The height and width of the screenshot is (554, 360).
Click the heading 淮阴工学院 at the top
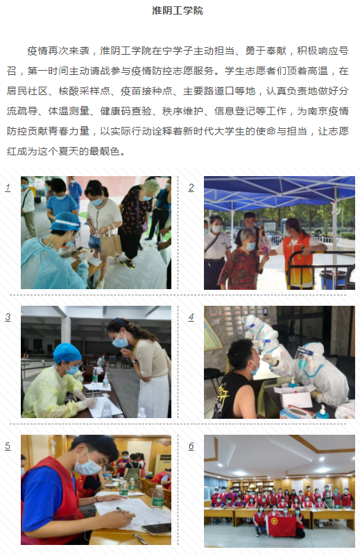pyautogui.click(x=178, y=10)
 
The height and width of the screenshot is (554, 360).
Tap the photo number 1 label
pyautogui.click(x=8, y=188)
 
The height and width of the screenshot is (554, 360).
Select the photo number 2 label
pyautogui.click(x=191, y=188)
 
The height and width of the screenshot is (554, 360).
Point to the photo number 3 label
pyautogui.click(x=8, y=317)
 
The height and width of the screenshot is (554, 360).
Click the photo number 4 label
pyautogui.click(x=191, y=317)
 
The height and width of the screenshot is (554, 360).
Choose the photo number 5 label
pyautogui.click(x=8, y=446)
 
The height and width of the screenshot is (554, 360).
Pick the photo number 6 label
pyautogui.click(x=191, y=446)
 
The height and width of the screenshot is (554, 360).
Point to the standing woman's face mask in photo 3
pyautogui.click(x=120, y=341)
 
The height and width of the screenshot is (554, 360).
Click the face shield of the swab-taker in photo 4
pyautogui.click(x=304, y=357)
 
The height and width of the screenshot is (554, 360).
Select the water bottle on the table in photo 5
pyautogui.click(x=157, y=497)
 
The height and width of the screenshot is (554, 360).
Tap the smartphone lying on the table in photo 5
pyautogui.click(x=156, y=528)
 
